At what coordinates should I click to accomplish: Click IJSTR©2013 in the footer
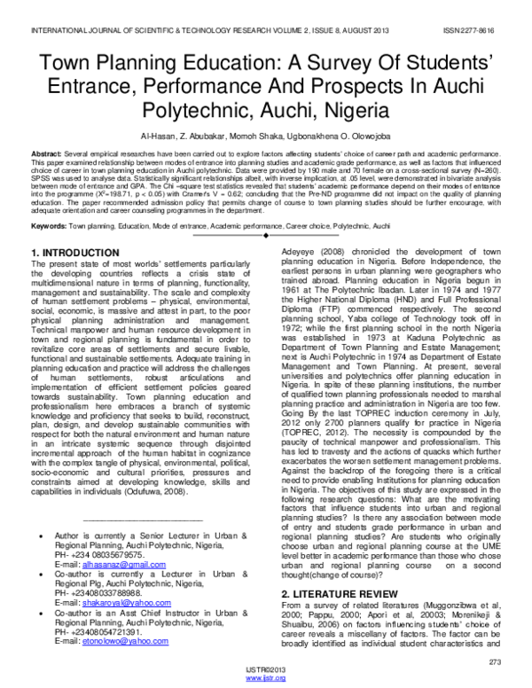266,669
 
